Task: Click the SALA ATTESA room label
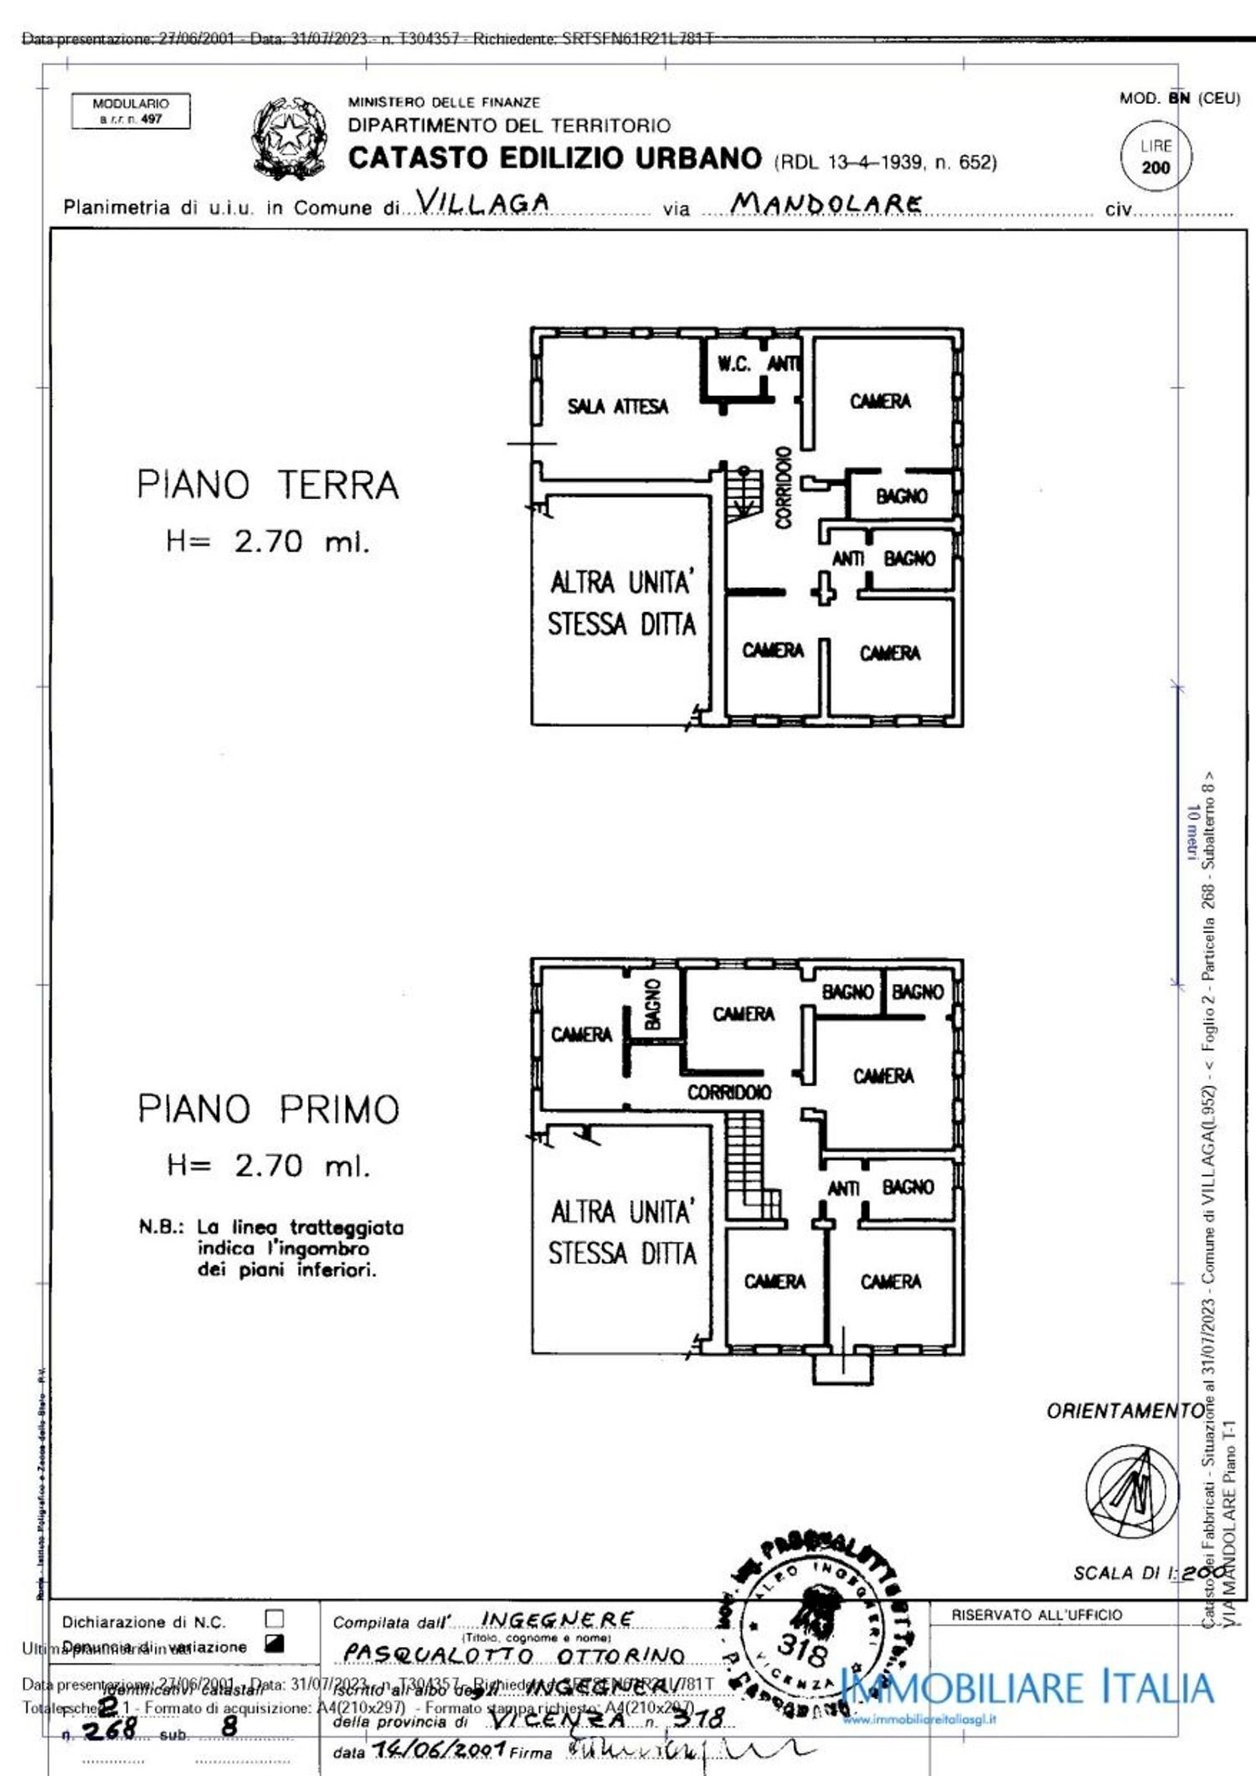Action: coord(617,407)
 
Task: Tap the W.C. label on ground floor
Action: coord(734,364)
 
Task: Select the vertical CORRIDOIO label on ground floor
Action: coord(784,487)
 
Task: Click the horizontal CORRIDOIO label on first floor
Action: coord(728,1092)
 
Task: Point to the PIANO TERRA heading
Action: coord(268,486)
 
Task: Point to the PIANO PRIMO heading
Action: coord(268,1109)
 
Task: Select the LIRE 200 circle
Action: coord(1156,157)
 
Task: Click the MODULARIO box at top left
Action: coord(131,111)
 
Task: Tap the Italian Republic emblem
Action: coord(289,138)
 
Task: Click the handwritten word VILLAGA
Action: coord(483,203)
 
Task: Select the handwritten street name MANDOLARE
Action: coord(826,203)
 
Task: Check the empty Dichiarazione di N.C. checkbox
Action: coord(274,1619)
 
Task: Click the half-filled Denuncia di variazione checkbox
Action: coord(274,1644)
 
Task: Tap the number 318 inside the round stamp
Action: coord(802,1649)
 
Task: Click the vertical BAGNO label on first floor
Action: coord(653,1003)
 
